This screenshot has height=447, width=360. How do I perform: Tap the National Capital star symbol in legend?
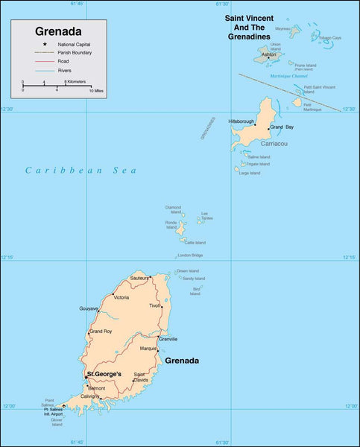pos(25,45)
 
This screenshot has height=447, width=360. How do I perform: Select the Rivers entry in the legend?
pos(63,70)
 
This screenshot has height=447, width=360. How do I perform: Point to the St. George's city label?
pos(110,373)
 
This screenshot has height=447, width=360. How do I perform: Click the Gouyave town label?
pos(89,308)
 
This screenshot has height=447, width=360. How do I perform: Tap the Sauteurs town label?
pos(139,278)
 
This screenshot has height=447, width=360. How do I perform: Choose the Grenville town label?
pos(168,339)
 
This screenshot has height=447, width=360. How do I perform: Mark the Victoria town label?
pos(121,297)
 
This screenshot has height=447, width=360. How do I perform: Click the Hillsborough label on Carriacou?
pos(241,121)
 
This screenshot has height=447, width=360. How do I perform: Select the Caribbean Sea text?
pos(80,171)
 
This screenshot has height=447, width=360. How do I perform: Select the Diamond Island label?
pos(173,209)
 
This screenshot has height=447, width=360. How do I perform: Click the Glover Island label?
pos(57,422)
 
